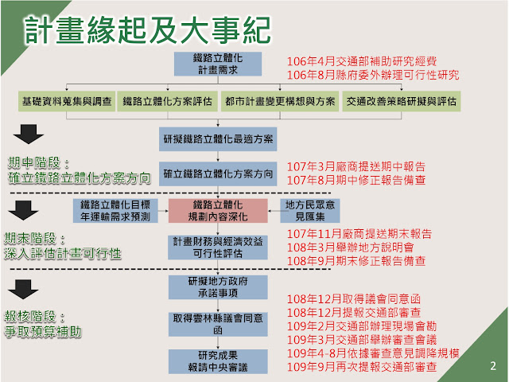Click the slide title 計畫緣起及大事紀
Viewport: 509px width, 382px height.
coord(146,30)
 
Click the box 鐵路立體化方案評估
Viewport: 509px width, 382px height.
coord(167,101)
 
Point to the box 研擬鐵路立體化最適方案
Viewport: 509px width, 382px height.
coord(220,138)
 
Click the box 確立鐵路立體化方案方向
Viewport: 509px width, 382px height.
coord(220,172)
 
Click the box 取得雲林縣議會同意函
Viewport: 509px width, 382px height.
coord(220,322)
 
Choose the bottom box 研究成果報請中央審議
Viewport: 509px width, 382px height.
coord(220,358)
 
